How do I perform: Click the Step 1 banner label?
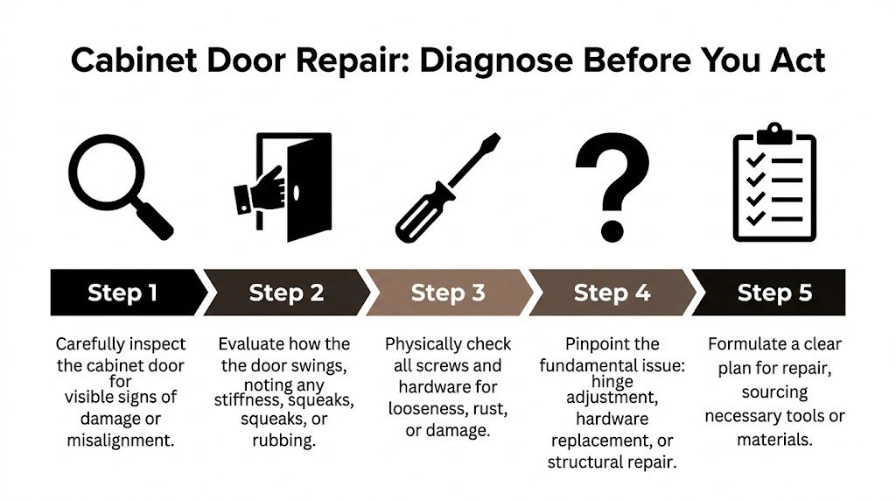[x=122, y=293]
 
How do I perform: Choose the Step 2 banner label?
[x=285, y=293]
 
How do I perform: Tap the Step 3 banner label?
[x=448, y=293]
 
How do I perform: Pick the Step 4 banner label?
[x=612, y=293]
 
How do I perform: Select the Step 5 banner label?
[x=773, y=293]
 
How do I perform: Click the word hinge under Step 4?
[x=612, y=381]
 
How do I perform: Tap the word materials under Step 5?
[x=774, y=439]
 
